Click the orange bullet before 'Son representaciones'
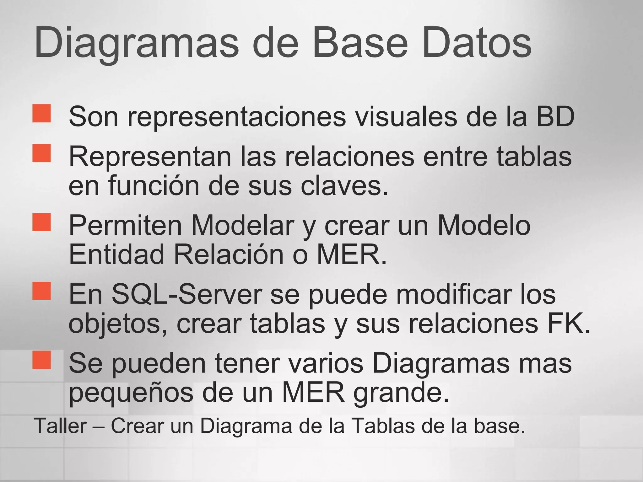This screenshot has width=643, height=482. (41, 113)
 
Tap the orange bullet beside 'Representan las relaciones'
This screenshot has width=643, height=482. (41, 153)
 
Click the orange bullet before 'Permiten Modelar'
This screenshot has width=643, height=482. (41, 222)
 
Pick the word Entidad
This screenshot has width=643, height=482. (116, 254)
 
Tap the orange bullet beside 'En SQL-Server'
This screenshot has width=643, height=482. (41, 291)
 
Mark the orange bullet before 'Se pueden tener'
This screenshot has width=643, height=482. (41, 360)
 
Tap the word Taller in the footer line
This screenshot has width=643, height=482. (60, 426)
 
